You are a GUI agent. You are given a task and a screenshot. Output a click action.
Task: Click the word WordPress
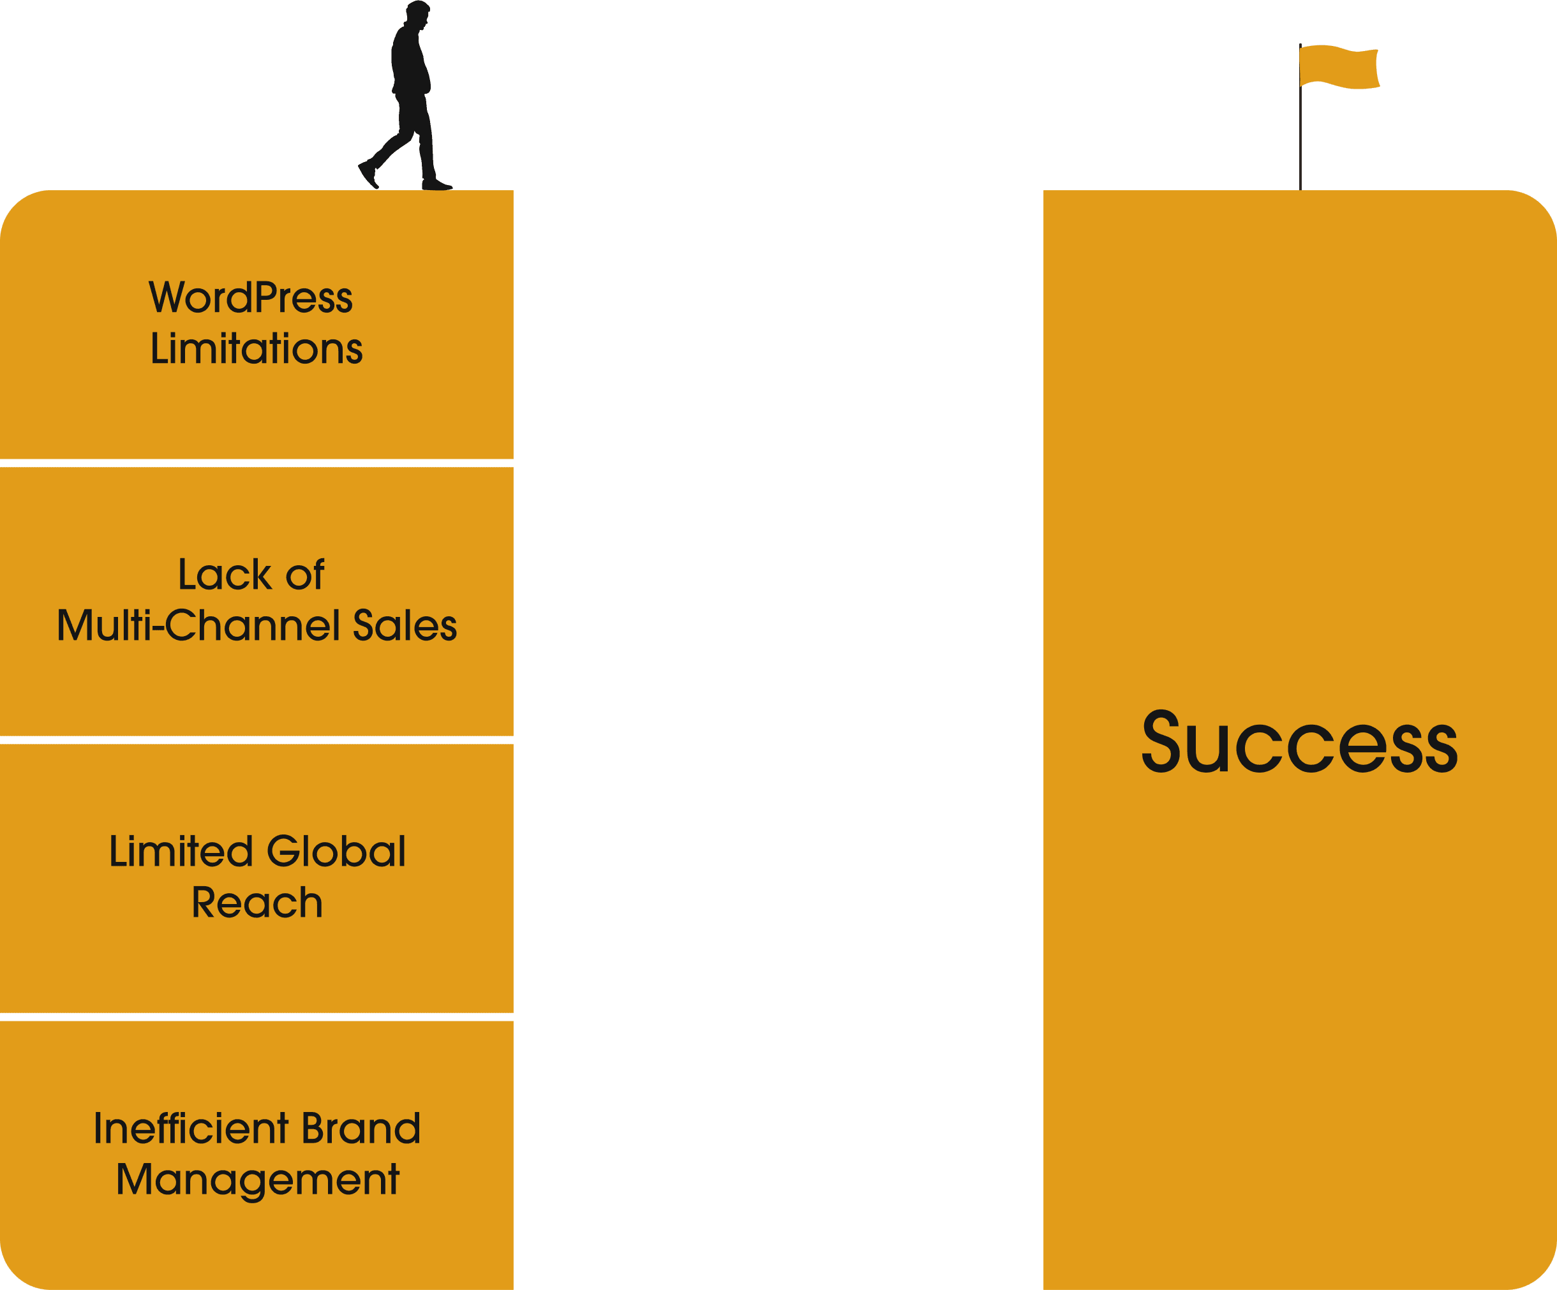click(x=251, y=298)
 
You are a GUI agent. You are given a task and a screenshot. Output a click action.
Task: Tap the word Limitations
click(x=257, y=348)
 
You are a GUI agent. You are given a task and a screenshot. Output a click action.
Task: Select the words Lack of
click(x=251, y=575)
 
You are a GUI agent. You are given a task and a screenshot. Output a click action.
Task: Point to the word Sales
click(x=404, y=625)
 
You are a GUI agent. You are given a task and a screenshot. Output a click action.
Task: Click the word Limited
click(x=181, y=851)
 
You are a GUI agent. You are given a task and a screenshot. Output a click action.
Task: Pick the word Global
click(x=336, y=851)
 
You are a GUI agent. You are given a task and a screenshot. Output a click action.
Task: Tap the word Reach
click(x=257, y=902)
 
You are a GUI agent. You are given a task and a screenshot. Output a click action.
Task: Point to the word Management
click(x=257, y=1180)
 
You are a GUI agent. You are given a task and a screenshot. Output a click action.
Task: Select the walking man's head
click(x=417, y=13)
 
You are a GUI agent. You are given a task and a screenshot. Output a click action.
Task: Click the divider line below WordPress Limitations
click(x=257, y=463)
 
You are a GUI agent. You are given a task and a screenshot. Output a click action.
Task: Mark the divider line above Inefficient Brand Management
click(x=257, y=1017)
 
